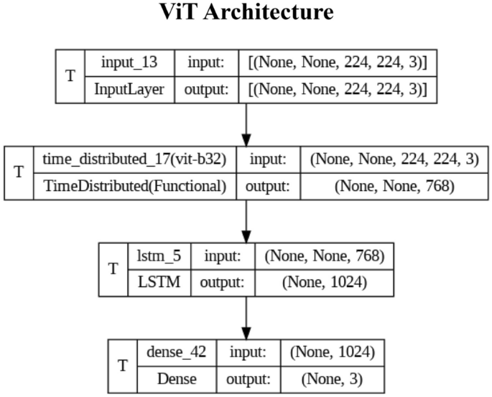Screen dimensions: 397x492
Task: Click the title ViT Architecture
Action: (x=246, y=14)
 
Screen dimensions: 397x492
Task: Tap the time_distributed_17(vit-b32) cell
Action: (x=134, y=159)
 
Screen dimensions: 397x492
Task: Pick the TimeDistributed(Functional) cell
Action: (x=134, y=186)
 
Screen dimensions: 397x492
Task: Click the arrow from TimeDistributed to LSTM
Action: (x=246, y=221)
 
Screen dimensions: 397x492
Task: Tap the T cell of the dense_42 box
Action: (x=123, y=366)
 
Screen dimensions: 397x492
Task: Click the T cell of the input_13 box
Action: (x=70, y=75)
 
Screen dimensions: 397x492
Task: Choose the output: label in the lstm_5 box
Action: (x=223, y=283)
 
